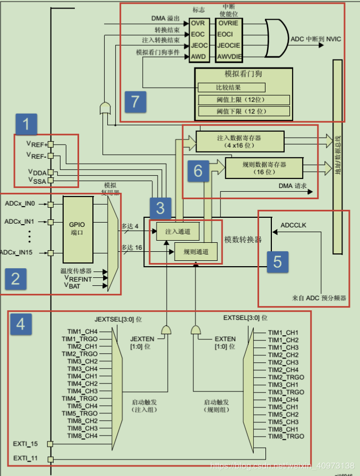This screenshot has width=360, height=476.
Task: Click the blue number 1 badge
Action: pos(27,125)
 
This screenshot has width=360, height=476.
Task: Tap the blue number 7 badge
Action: pos(135,101)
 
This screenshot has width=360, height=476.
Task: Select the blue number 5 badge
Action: pos(277,261)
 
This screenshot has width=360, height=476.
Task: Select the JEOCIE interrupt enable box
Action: pos(229,45)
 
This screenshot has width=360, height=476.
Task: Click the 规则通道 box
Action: pos(196,251)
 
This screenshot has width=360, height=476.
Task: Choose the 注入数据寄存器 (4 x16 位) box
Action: pos(239,141)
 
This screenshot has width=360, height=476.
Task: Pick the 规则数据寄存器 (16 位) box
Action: pos(264,168)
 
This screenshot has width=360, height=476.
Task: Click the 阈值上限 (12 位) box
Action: pos(244,99)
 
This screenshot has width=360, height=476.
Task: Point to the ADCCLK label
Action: pos(293,225)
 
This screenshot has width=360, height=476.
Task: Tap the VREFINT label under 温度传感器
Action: pos(78,278)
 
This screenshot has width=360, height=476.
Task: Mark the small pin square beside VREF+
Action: pos(51,144)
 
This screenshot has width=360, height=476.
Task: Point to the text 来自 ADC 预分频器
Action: pos(319,298)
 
